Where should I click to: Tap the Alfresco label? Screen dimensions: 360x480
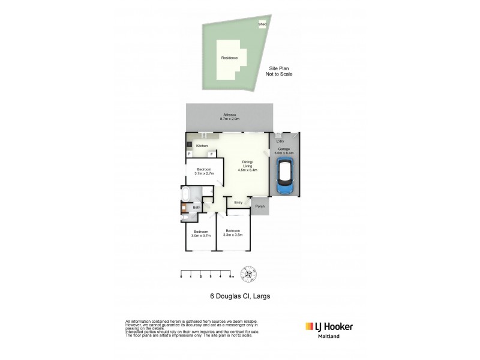[230, 116]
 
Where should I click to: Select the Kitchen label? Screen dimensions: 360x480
[202, 146]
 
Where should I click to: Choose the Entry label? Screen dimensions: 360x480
[238, 202]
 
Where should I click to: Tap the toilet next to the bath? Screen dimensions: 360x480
[185, 218]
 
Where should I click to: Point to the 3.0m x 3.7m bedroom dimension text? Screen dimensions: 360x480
[200, 235]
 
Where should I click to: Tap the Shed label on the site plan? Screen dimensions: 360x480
[262, 24]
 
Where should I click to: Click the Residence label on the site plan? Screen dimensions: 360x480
[229, 58]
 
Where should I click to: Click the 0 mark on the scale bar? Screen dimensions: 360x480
[181, 277]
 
